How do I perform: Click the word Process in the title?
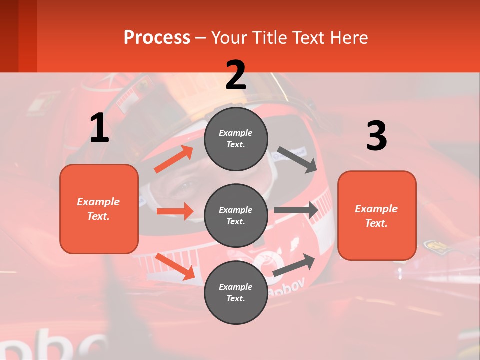[x=157, y=38]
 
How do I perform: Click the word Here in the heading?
[x=348, y=38]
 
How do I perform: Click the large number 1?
[x=99, y=128]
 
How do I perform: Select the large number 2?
[x=236, y=75]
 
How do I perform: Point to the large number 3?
[x=376, y=136]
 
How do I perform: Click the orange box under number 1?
[x=99, y=209]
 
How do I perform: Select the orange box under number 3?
[x=377, y=215]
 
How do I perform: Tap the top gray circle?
[x=236, y=139]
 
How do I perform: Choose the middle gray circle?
[x=236, y=215]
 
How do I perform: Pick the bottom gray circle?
[x=236, y=292]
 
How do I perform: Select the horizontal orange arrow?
[x=175, y=211]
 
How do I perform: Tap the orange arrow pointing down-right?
[x=175, y=266]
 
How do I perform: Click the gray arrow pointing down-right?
[x=297, y=159]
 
